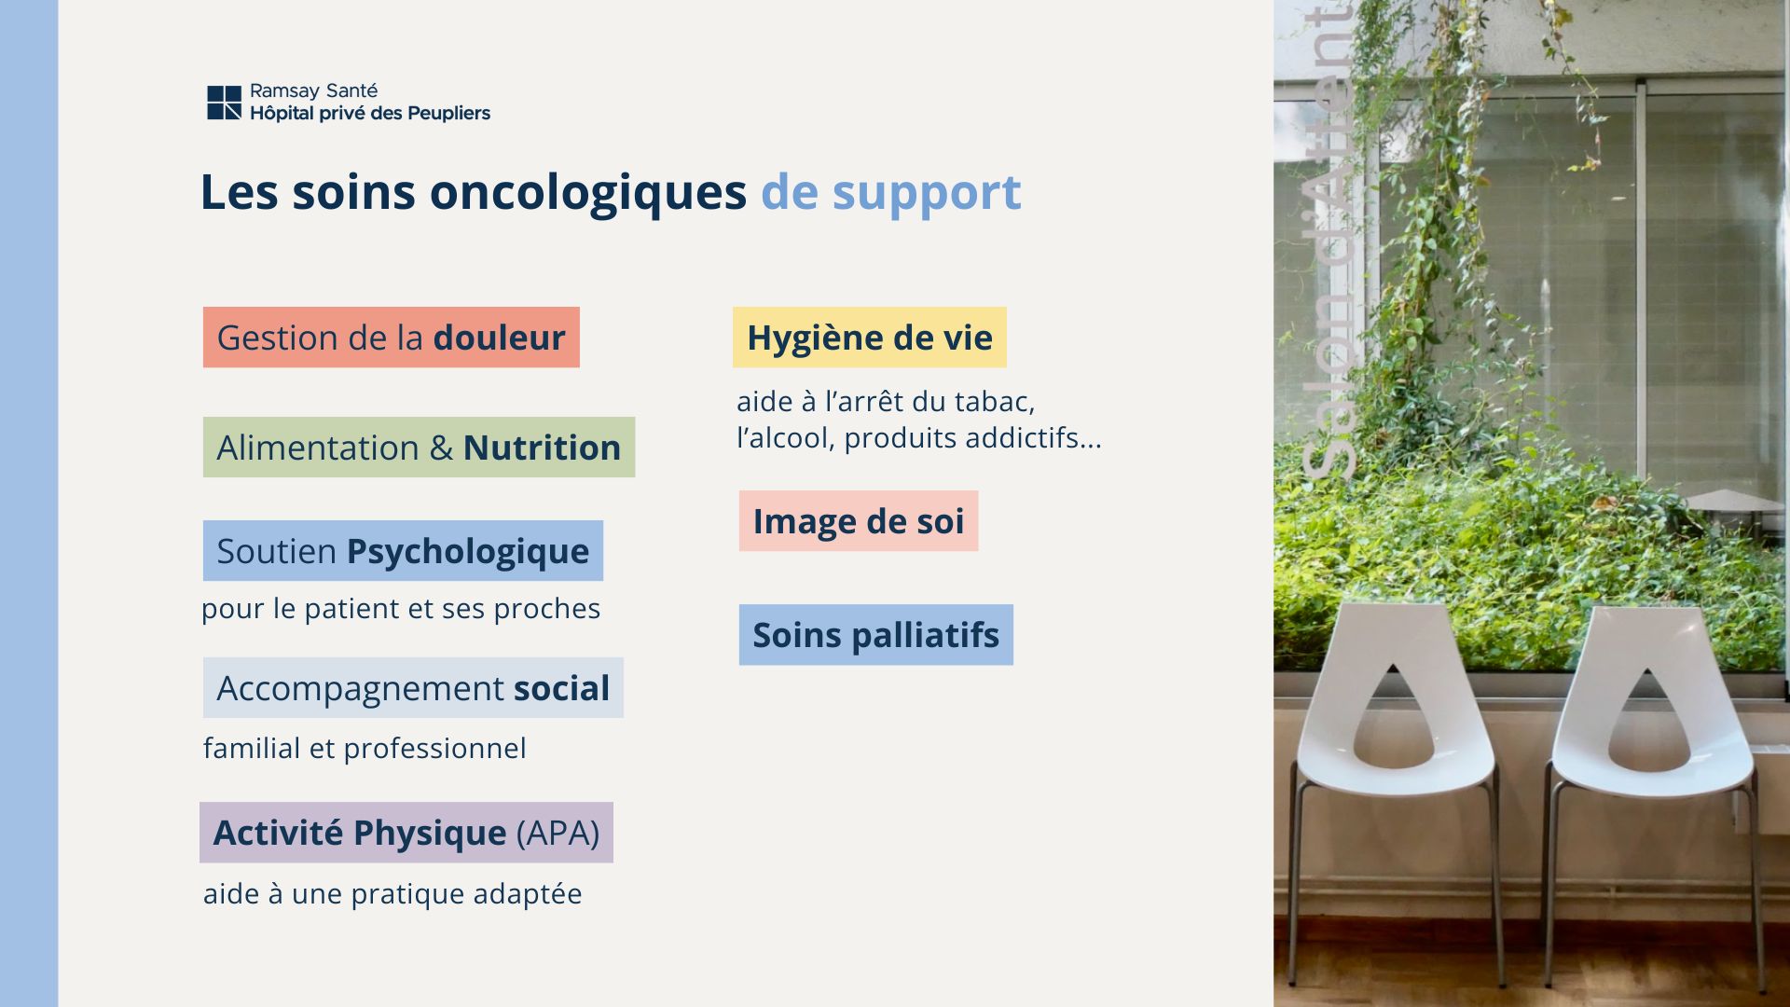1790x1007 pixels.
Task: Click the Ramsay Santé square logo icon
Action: tap(224, 103)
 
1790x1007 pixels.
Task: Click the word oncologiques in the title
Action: tap(587, 193)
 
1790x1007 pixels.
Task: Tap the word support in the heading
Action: tap(927, 194)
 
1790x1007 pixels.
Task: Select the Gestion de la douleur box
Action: tap(391, 337)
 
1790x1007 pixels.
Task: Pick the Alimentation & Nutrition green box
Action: tap(419, 447)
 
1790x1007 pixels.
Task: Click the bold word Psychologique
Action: tap(467, 551)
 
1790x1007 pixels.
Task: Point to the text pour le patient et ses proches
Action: tap(401, 609)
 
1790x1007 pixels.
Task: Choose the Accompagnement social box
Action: tap(413, 687)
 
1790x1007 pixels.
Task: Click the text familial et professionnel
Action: tap(365, 748)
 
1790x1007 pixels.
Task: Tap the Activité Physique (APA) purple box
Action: tap(406, 832)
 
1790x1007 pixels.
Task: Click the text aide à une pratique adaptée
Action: tap(392, 893)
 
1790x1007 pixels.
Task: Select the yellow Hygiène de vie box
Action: tap(869, 337)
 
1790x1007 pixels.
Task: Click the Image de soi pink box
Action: tap(859, 520)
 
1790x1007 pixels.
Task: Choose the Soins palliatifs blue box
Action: tap(875, 634)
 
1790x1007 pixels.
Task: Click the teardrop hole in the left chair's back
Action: tap(1393, 723)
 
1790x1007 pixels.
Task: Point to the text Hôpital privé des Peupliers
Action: tap(370, 114)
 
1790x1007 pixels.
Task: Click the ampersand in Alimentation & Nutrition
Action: tap(441, 448)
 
